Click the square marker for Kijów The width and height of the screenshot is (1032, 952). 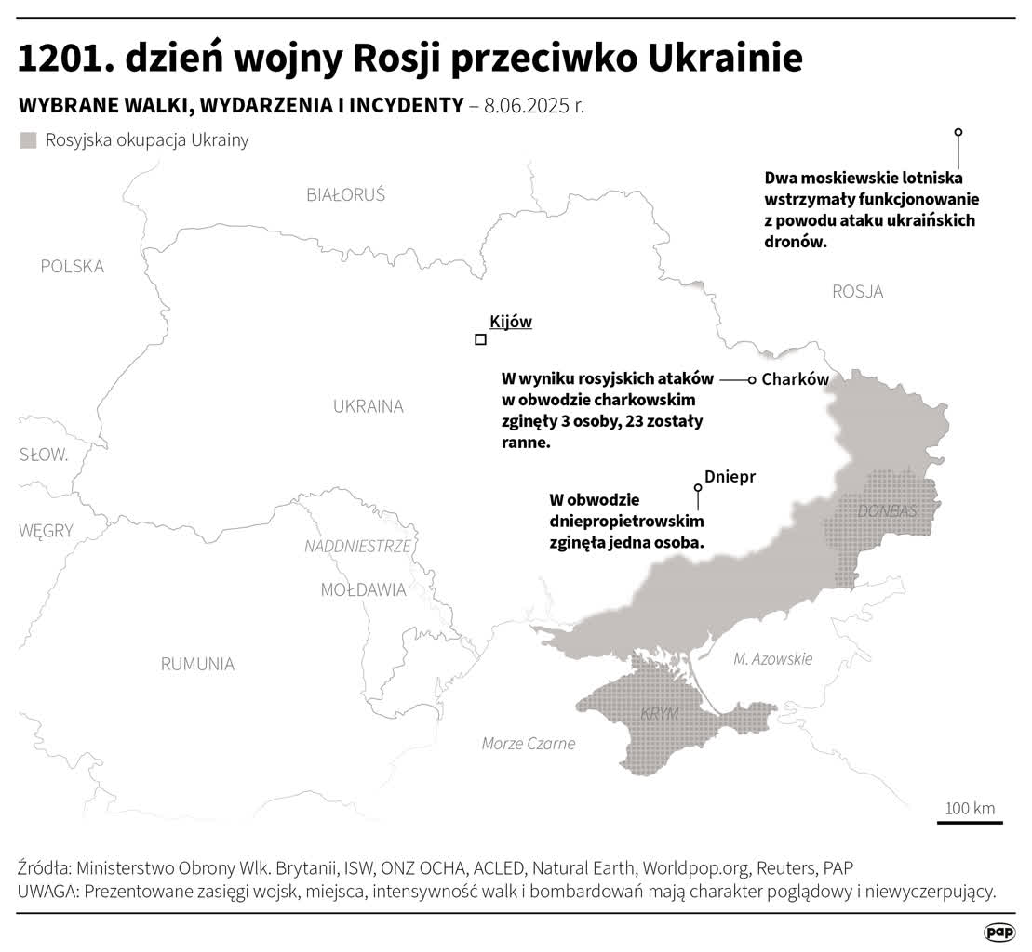(480, 340)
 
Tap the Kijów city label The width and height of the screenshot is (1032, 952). (510, 322)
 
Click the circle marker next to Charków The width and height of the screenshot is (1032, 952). (753, 380)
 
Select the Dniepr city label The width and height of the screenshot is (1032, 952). (730, 476)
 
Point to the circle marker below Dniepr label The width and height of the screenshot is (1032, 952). (698, 487)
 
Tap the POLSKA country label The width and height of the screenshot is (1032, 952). (73, 267)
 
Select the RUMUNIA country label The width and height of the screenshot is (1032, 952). (197, 664)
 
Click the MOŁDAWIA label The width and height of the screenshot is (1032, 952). (363, 589)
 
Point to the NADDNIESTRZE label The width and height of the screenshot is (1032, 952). (357, 547)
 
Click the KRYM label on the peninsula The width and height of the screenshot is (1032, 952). (660, 714)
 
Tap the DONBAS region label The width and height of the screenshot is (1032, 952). (887, 511)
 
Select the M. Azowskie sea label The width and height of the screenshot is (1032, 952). (772, 659)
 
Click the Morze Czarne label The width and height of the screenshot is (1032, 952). (529, 744)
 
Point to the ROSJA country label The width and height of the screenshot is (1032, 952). (857, 292)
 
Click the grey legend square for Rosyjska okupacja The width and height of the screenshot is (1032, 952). (28, 140)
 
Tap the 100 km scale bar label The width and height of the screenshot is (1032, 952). (970, 808)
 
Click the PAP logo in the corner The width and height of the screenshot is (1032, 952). (998, 932)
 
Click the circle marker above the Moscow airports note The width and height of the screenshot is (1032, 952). (958, 133)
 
